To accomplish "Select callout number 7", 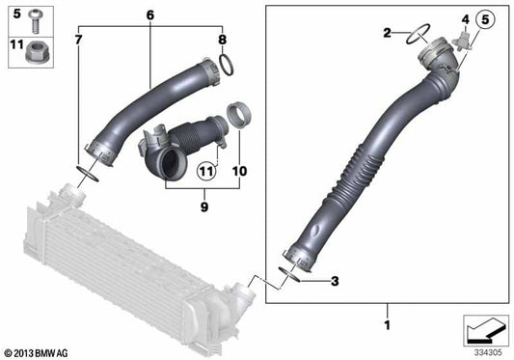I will tap(79, 40).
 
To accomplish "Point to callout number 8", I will tap(222, 40).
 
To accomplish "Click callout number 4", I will tap(463, 19).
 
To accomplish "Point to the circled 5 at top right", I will tap(484, 18).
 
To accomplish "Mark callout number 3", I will tap(334, 281).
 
